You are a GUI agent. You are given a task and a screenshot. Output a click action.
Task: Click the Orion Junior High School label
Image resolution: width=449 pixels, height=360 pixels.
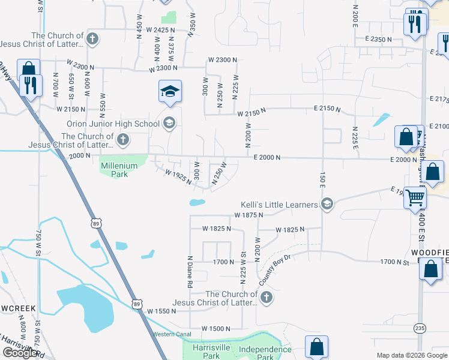click(113, 124)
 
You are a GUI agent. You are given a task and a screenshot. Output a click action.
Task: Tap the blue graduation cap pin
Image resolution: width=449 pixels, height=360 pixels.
click(170, 92)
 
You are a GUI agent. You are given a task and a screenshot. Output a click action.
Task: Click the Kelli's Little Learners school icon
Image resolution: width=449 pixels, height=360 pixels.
click(327, 205)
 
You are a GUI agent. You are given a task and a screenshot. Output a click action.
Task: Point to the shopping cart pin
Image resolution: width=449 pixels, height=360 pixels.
click(415, 197)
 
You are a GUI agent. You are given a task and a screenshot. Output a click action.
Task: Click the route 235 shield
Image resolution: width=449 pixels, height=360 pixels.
click(420, 328)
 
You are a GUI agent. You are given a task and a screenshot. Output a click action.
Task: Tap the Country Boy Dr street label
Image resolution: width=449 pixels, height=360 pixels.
click(275, 270)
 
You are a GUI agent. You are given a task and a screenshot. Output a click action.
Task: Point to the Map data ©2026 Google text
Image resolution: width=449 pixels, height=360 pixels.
click(412, 355)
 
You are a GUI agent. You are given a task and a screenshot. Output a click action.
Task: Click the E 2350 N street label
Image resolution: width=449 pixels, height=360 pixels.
click(378, 40)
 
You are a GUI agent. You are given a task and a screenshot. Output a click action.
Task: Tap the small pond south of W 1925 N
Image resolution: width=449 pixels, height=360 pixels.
click(197, 202)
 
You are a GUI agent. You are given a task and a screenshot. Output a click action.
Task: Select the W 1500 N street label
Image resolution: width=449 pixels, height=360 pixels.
click(216, 329)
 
